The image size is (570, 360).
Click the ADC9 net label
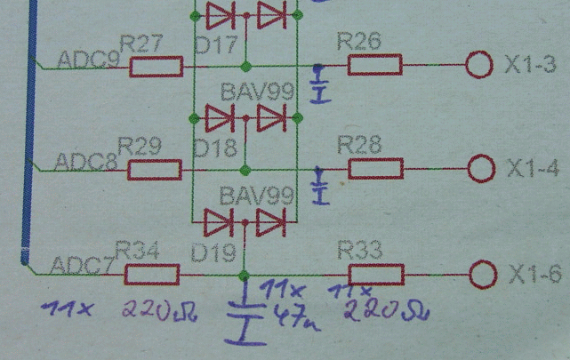pos(88,60)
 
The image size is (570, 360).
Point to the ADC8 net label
pos(85,162)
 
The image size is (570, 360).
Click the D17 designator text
pos(216,45)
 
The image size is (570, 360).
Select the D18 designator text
pos(215,148)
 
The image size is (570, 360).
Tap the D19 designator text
pos(213,252)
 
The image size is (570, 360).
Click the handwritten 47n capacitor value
pos(296,318)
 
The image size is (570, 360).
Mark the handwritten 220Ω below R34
pos(159,312)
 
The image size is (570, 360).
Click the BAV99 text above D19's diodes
pos(257,196)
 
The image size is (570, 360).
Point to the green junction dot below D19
pos(244,276)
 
